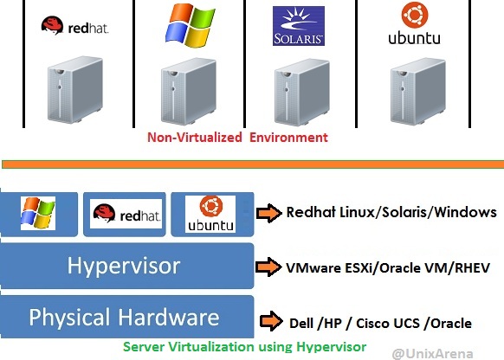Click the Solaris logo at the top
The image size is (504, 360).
[x=298, y=26]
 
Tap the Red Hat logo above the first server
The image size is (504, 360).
[x=74, y=26]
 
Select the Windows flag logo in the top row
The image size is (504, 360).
[x=190, y=25]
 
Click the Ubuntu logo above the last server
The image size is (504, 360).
[x=414, y=23]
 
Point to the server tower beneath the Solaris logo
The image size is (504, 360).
[x=302, y=92]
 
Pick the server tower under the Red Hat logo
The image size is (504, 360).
[x=75, y=90]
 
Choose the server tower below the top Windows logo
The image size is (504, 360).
[x=189, y=92]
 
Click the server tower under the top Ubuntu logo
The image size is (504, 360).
[x=418, y=92]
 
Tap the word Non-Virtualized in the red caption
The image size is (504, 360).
[x=195, y=138]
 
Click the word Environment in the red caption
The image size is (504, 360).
[x=288, y=138]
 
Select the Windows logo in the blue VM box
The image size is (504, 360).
[x=38, y=213]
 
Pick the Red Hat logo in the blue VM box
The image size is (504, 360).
[x=126, y=214]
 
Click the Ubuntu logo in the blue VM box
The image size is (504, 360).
[x=210, y=214]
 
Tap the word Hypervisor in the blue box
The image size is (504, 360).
[x=124, y=267]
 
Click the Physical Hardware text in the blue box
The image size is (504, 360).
[x=124, y=317]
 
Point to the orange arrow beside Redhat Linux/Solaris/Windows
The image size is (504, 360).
[x=269, y=213]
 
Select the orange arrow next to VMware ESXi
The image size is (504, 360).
[x=268, y=267]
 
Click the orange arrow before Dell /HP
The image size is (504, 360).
[x=271, y=321]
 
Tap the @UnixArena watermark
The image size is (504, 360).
[x=433, y=354]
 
